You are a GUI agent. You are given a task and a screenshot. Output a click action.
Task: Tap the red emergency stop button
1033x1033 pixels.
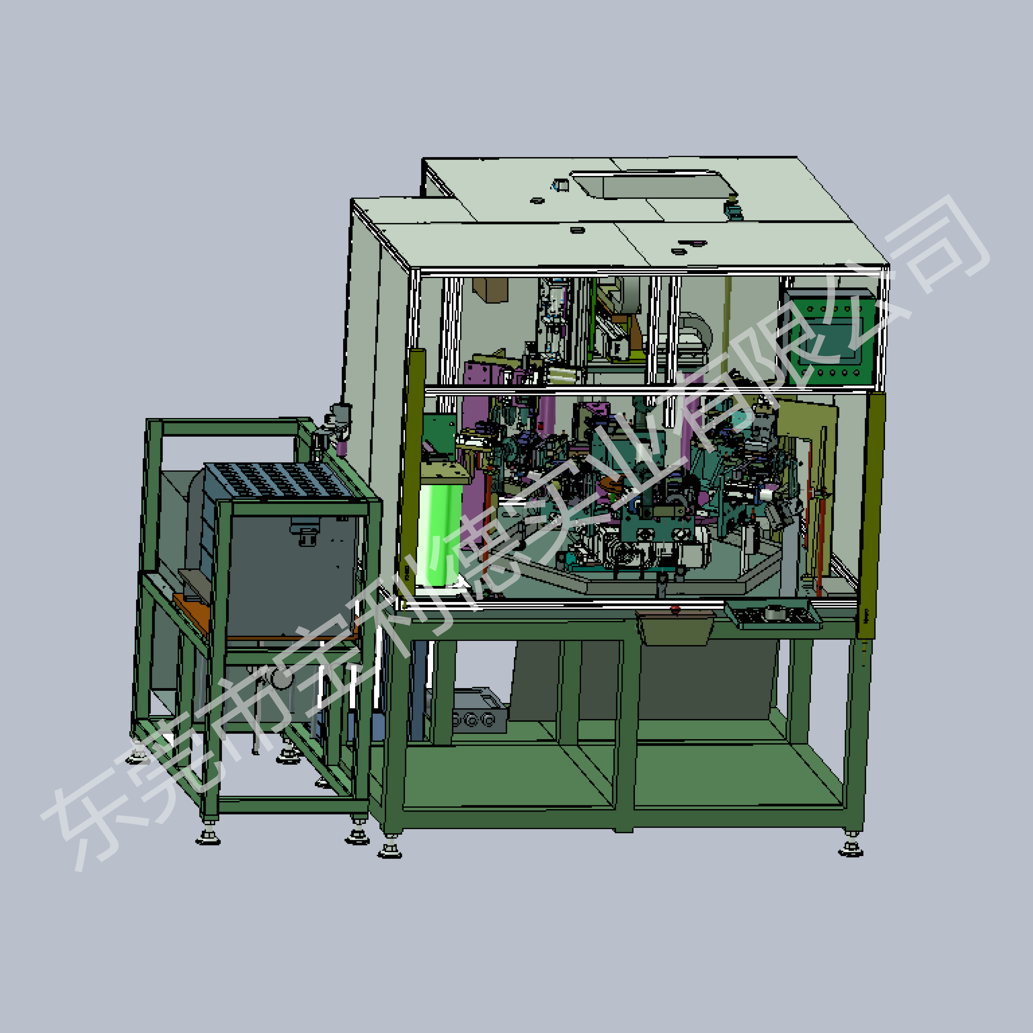pos(675,608)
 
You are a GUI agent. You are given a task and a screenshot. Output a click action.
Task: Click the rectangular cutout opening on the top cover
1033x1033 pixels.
pos(654,184)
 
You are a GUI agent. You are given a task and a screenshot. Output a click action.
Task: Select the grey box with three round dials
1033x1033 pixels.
pos(479,710)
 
